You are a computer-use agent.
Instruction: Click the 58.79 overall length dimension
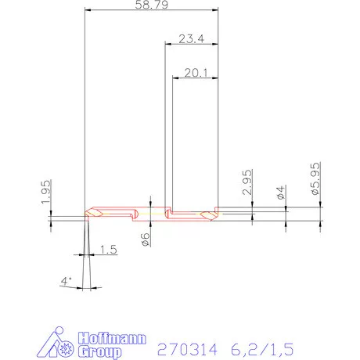[150, 5]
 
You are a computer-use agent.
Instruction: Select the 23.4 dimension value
[191, 38]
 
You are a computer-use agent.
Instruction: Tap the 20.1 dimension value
[195, 72]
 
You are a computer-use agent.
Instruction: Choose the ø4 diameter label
[280, 193]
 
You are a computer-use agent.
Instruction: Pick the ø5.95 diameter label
[315, 179]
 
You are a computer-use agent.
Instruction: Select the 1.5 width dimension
[110, 250]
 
